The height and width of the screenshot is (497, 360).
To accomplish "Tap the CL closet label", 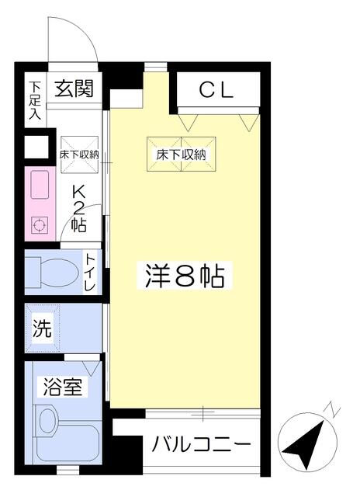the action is tap(216, 90).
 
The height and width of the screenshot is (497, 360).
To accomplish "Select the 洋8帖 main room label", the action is tap(185, 275).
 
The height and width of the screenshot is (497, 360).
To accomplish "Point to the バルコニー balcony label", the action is tap(202, 444).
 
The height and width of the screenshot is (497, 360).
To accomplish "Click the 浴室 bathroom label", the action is tap(63, 387).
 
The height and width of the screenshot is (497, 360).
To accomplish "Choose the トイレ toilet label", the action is tap(90, 273).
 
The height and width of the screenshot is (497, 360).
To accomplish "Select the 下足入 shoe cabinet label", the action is tap(35, 100).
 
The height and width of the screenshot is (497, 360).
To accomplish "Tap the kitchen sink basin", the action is tap(40, 185).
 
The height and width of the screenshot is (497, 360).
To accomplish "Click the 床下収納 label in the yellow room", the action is tap(181, 155).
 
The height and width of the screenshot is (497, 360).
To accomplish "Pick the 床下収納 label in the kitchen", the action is tap(79, 155).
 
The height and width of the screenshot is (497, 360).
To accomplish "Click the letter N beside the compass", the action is tap(331, 409).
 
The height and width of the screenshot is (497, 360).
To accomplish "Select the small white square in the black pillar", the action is tap(36, 147).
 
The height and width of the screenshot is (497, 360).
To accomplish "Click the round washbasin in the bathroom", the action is tap(47, 420).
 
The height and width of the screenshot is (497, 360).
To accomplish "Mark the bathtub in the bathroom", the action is tap(67, 440).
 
